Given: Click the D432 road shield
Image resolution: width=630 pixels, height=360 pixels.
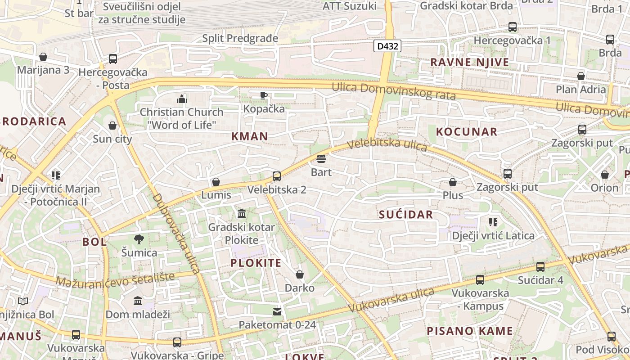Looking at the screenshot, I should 387,46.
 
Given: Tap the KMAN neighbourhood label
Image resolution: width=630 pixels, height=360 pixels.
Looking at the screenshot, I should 250,136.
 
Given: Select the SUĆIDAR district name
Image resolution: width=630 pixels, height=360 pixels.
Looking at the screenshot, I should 406,215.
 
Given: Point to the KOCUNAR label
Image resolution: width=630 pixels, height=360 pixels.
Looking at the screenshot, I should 467,132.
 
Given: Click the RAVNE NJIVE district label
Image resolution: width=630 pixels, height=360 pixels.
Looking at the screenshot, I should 470,62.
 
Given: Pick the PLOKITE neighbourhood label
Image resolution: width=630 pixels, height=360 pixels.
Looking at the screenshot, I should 256,263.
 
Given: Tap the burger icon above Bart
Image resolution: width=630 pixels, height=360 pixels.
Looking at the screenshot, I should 321,159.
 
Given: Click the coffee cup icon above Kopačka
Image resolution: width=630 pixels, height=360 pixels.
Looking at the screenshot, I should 264,95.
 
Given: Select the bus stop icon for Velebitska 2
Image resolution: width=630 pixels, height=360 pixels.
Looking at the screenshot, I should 277,176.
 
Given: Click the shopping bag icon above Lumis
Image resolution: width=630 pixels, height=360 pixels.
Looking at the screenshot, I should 216,182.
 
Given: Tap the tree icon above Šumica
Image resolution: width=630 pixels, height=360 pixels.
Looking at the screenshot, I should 139,239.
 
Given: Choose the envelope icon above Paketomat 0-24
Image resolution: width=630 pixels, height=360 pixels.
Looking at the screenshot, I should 277,311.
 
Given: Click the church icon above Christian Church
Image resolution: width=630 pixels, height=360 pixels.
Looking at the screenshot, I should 182,99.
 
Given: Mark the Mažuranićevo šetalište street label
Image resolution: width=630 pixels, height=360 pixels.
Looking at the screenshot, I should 115,279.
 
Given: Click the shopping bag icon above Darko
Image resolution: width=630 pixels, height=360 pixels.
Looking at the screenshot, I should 300,274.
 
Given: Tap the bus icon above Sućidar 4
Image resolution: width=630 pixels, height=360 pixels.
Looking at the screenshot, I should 540,267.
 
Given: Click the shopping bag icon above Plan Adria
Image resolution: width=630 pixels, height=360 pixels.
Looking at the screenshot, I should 581,76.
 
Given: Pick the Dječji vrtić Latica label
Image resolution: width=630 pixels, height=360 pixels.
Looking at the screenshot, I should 493,235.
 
